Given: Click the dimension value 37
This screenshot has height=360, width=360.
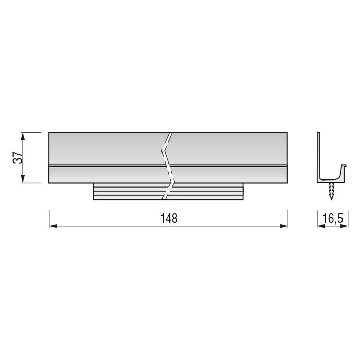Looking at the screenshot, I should [17, 157].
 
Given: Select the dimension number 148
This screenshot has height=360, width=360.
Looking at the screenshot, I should [168, 218].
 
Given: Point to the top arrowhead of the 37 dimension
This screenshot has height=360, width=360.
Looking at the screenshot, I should [22, 135].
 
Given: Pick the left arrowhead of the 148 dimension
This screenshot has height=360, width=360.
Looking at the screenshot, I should [52, 225].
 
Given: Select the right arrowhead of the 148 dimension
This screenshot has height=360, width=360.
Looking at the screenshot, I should [284, 225].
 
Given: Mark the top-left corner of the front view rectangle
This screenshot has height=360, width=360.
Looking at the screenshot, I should [49, 133].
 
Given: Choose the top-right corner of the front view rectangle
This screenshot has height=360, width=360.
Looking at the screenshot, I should [287, 133].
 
